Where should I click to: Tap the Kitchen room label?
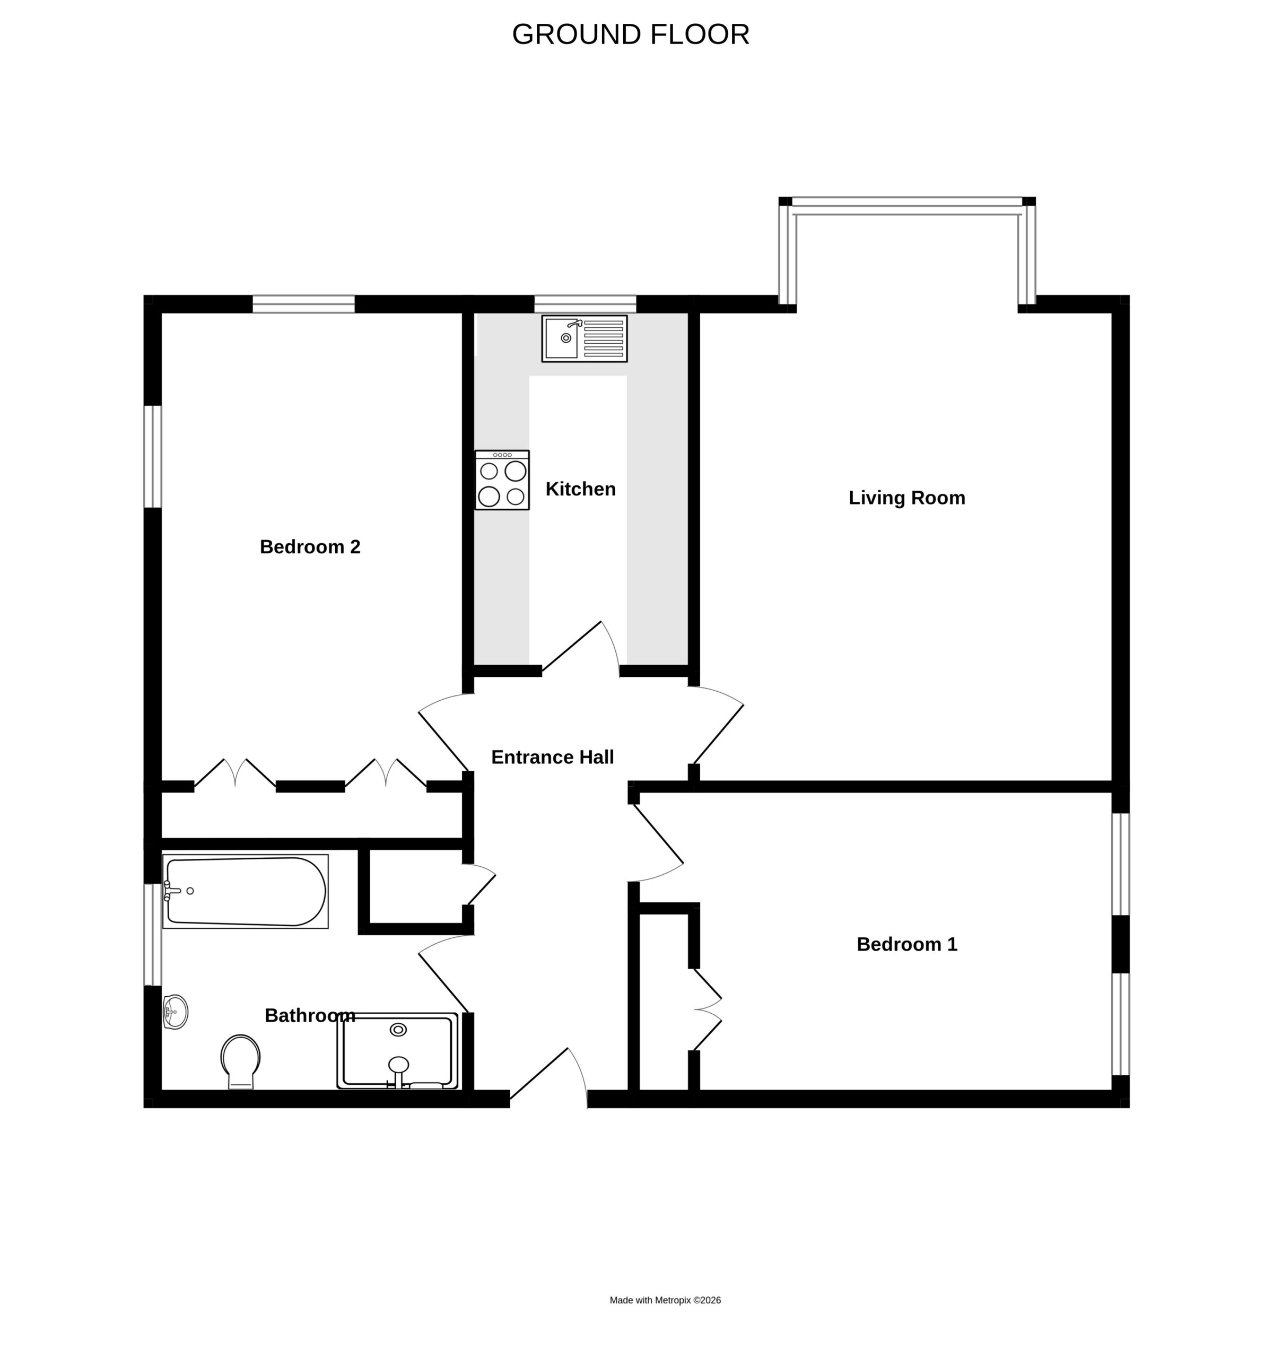coord(580,489)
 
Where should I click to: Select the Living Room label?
coord(907,498)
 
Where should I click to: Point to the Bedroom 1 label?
coord(907,945)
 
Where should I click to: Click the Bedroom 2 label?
coord(310,546)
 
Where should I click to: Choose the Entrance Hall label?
coord(553,757)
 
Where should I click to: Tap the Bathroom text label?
coord(310,1016)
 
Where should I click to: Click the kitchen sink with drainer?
coord(585,339)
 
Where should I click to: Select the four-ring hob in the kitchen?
coord(502,480)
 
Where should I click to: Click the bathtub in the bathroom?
coord(245,891)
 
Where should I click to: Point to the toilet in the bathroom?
coord(240,1061)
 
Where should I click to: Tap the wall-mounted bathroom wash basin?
coord(175,1012)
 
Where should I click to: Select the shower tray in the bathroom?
coord(397,1051)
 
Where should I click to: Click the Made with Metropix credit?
coord(665,1301)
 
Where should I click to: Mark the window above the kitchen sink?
coord(585,304)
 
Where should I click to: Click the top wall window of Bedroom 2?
coord(304,304)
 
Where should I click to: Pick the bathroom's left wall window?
coord(152,935)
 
